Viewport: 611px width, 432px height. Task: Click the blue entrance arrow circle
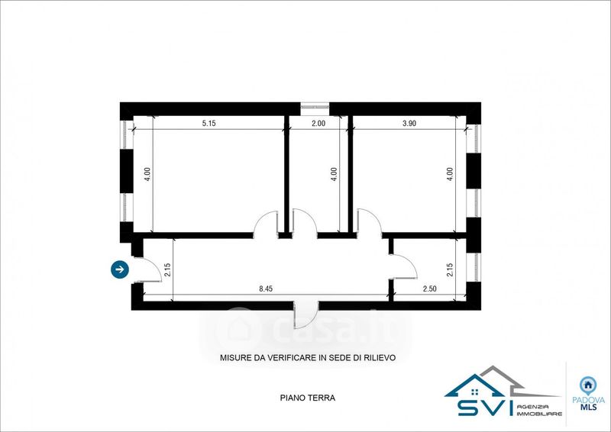pyautogui.click(x=120, y=269)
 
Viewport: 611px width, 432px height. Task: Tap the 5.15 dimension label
pyautogui.click(x=209, y=124)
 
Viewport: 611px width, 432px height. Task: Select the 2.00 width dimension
pyautogui.click(x=318, y=124)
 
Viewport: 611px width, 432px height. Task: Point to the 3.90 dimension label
pyautogui.click(x=409, y=124)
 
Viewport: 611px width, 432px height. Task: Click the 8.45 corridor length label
pyautogui.click(x=266, y=289)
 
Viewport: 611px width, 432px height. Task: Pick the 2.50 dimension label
pyautogui.click(x=430, y=289)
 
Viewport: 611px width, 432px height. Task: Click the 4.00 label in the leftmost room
pyautogui.click(x=147, y=174)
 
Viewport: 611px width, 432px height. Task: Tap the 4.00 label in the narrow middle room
pyautogui.click(x=334, y=174)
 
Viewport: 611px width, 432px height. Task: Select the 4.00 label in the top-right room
pyautogui.click(x=450, y=174)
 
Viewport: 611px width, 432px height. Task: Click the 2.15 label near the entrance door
pyautogui.click(x=167, y=270)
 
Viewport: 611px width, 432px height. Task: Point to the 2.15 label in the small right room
pyautogui.click(x=450, y=270)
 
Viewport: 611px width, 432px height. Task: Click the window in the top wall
pyautogui.click(x=315, y=105)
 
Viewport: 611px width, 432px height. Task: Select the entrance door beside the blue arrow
pyautogui.click(x=149, y=269)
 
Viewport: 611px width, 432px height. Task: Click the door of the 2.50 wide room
pyautogui.click(x=404, y=266)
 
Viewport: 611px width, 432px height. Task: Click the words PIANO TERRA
pyautogui.click(x=308, y=398)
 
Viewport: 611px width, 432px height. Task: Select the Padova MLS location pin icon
pyautogui.click(x=588, y=385)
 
